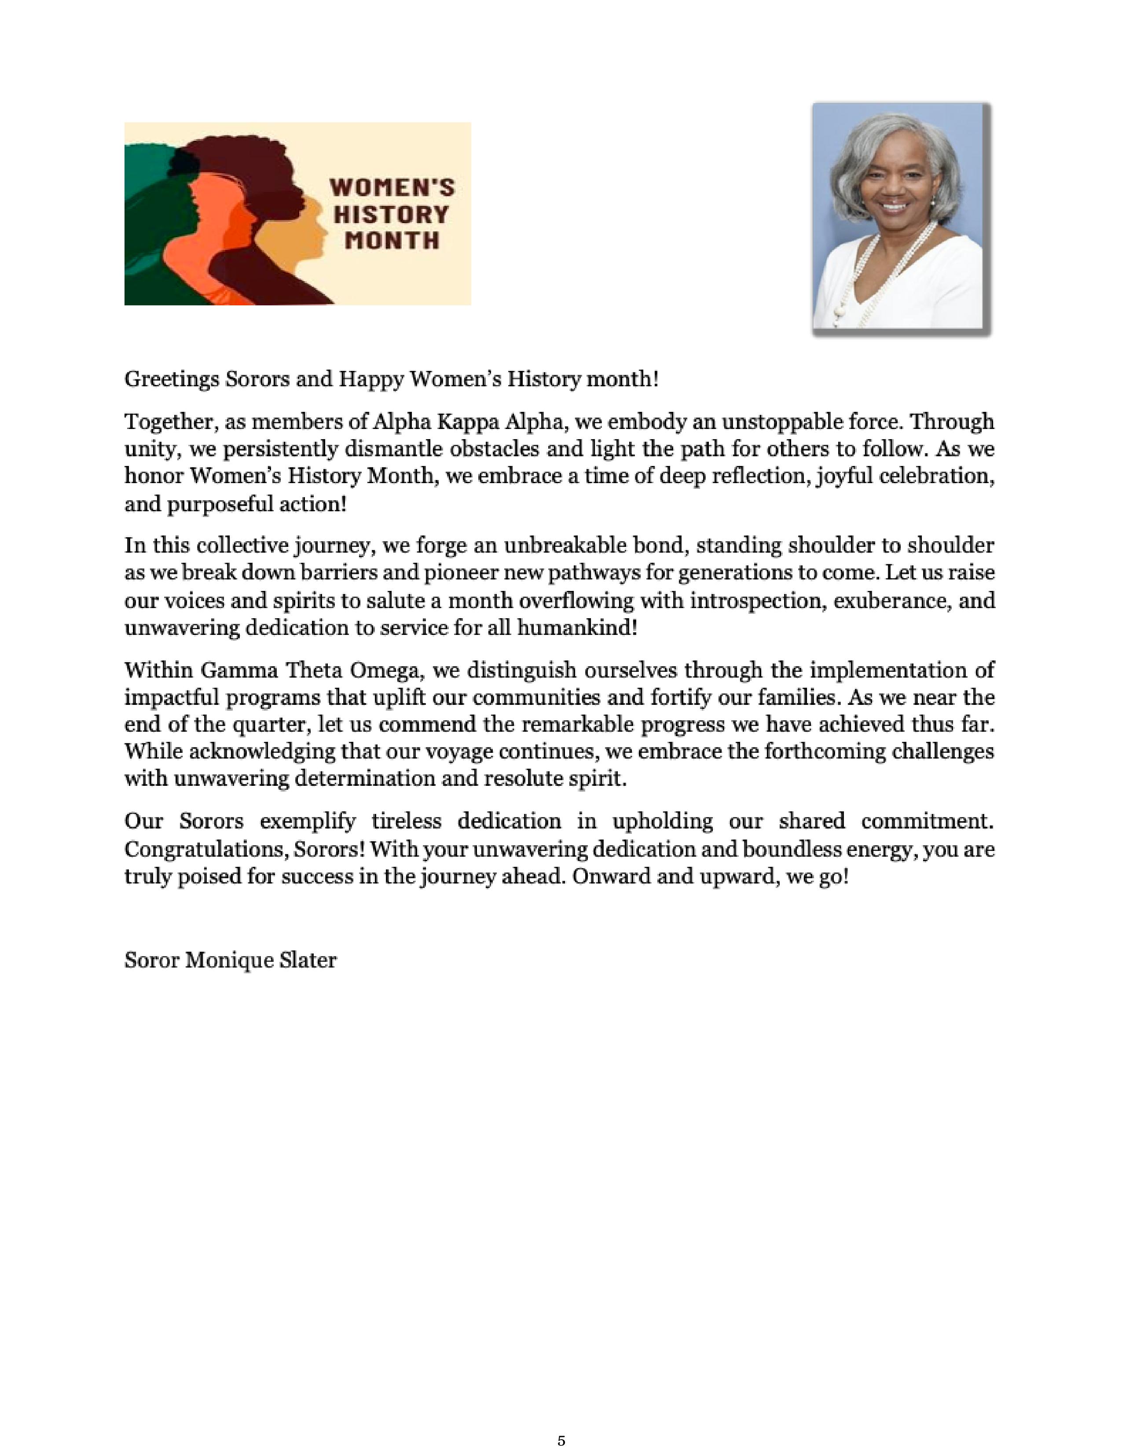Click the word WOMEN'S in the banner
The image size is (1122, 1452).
click(x=392, y=187)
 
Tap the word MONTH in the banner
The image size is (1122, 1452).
click(x=392, y=240)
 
